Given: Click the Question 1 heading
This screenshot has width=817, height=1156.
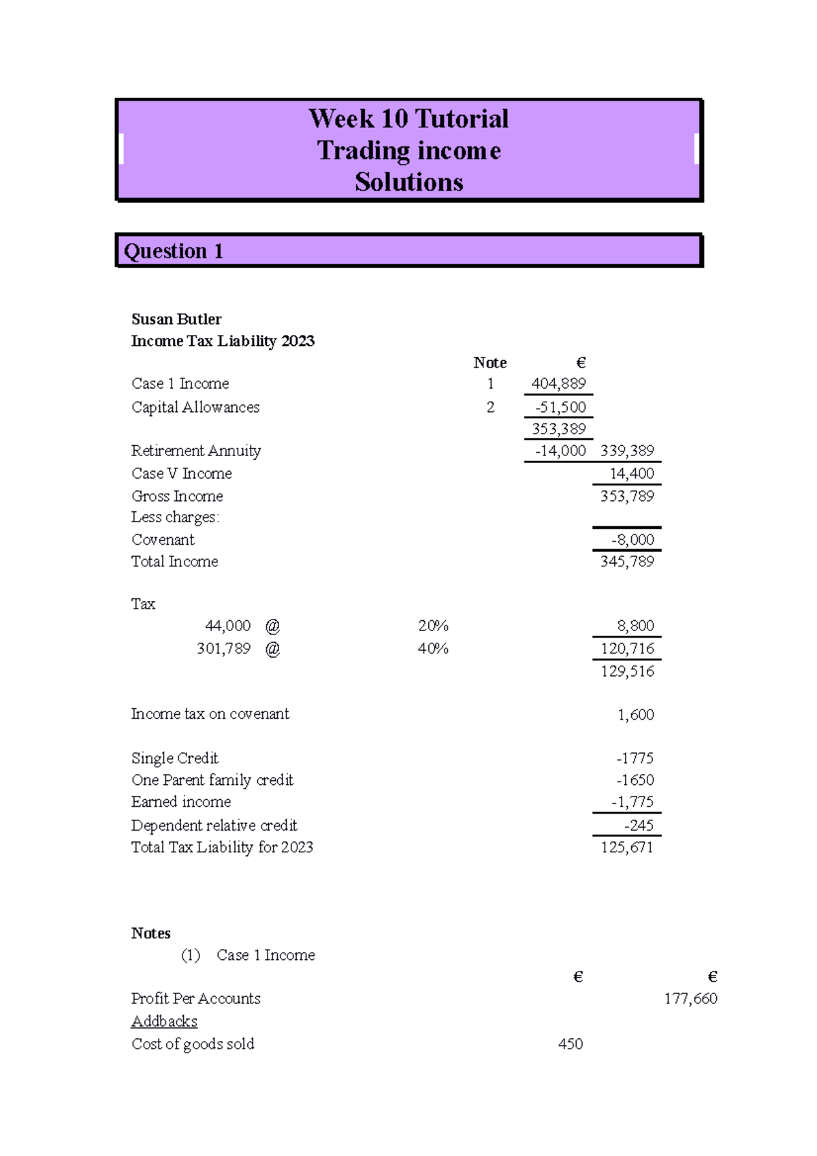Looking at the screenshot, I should point(174,251).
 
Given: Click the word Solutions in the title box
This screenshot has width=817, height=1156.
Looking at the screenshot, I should point(408,182).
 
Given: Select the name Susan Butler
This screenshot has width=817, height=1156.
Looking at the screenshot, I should point(176,319).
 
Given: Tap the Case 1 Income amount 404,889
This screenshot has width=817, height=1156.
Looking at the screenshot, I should point(558,383).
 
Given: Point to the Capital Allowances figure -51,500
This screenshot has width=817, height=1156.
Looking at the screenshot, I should point(560,407).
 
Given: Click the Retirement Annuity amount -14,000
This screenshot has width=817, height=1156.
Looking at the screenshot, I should point(560,451).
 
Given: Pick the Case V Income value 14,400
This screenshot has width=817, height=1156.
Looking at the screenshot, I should point(632,473).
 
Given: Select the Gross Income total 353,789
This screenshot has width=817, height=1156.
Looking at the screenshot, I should point(627,496).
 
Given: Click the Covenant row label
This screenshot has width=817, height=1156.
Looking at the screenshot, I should point(163,540).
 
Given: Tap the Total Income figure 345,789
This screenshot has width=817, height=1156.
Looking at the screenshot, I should point(627,562).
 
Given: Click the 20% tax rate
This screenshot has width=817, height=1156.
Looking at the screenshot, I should point(433,626).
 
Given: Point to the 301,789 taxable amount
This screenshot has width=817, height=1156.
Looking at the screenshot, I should point(223,649).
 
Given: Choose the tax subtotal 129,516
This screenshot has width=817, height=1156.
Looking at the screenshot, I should point(627,671).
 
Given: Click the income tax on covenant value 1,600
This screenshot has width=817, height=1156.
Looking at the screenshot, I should point(635,715).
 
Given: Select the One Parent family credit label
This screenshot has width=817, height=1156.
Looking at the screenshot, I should point(212,780).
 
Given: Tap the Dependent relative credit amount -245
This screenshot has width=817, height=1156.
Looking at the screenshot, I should point(639,826).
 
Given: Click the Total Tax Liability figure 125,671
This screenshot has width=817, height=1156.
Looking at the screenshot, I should point(627,848).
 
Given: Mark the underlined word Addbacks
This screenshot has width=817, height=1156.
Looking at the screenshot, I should point(164,1021).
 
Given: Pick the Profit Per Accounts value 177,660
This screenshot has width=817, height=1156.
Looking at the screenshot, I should point(690,999).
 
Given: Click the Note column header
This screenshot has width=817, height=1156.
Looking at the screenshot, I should point(490,363).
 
